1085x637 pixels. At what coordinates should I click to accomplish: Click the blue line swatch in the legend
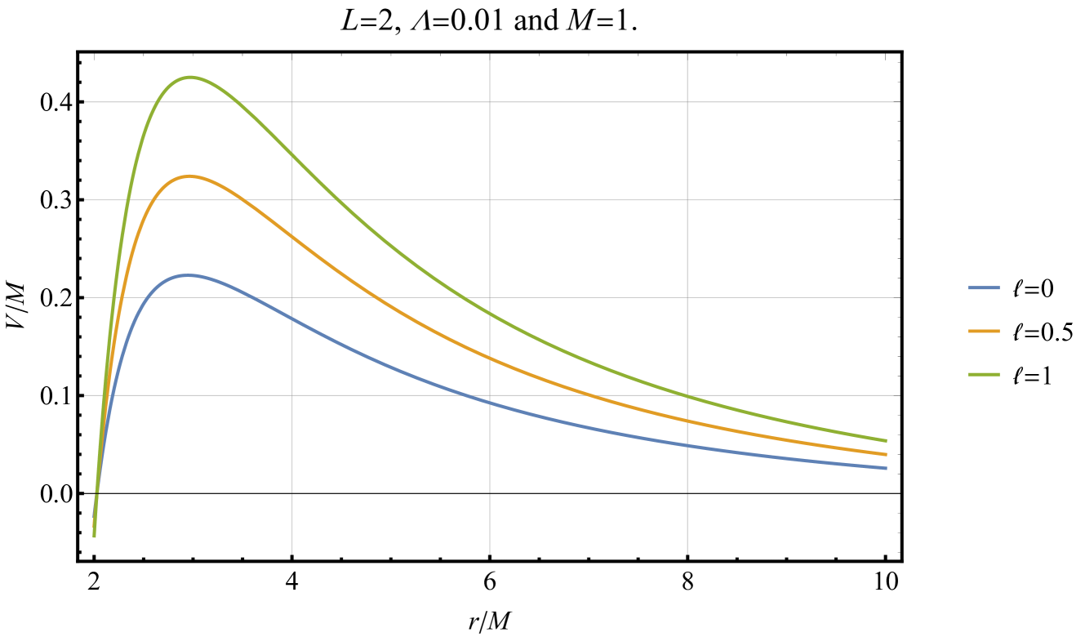[983, 288]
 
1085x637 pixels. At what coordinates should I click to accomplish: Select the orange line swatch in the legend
[983, 332]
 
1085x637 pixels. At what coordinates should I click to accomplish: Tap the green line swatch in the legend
[983, 375]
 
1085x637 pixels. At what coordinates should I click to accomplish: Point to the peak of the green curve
[191, 77]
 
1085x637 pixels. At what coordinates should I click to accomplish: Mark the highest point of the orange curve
[189, 176]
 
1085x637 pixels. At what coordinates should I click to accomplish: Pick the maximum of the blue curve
[188, 275]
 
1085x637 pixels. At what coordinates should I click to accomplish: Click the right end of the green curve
[887, 441]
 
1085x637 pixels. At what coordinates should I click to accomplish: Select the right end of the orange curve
[887, 455]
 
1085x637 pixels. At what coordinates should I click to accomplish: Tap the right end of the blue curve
[887, 469]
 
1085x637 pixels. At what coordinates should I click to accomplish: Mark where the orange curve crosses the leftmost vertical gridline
[292, 236]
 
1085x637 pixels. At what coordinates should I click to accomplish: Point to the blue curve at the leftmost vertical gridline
[292, 318]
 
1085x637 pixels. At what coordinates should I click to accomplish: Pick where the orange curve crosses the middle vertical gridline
[490, 358]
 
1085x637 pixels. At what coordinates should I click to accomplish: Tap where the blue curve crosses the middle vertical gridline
[490, 402]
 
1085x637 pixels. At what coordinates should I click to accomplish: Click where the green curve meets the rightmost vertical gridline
[687, 396]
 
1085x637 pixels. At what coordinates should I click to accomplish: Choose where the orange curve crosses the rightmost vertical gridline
[687, 421]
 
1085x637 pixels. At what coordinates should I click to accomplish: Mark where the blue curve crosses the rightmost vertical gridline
[687, 445]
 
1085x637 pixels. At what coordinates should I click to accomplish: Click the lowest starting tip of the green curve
[95, 537]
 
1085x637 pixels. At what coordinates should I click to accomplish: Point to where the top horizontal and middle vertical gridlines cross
[490, 102]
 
